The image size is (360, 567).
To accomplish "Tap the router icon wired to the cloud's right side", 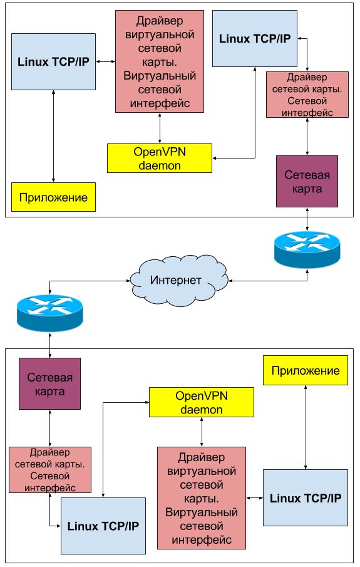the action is pos(307,249).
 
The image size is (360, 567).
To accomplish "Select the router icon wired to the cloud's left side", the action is pos(50,313).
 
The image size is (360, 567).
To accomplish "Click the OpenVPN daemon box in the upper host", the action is pos(160,159).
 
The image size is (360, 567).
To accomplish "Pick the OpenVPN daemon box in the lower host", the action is pos(202,402).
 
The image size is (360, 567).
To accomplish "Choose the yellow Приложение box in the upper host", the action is pos(53,197).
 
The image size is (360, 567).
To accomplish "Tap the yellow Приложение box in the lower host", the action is pos(306,370).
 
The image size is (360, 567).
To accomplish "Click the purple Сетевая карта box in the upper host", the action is pos(307,182).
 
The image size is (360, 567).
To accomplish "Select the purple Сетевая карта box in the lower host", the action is pos(50,383).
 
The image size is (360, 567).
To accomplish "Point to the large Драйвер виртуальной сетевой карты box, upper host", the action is pos(160,61).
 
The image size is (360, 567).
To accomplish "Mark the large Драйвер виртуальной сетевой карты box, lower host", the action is pos(202,498).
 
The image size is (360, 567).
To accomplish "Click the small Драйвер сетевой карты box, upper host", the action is pos(307,95).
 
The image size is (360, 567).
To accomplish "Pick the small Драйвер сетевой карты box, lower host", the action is pos(50,470).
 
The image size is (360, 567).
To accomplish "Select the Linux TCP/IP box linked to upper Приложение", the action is pos(53,62).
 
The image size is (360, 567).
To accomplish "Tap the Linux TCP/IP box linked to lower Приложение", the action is pos(306,497).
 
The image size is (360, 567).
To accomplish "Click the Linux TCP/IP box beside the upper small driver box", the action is pos(255,38).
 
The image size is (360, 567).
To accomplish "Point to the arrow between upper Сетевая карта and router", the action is pos(307,219).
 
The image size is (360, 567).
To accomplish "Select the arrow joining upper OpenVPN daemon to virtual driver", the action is pos(160,128).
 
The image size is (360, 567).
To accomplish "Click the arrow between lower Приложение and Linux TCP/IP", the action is pos(306,427).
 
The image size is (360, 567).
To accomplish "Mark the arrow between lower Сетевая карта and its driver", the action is pos(50,428).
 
